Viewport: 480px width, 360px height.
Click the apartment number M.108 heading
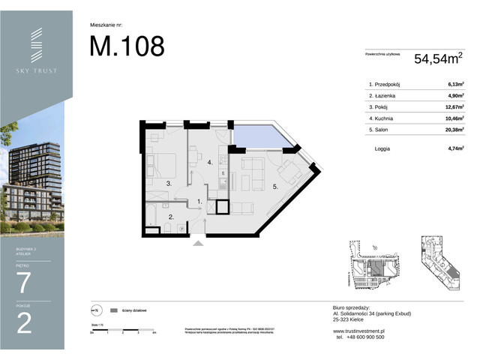click(x=127, y=46)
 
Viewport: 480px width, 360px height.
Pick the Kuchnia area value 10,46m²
click(x=452, y=118)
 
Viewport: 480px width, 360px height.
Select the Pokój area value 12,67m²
click(x=452, y=107)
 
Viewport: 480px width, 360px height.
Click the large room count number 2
click(x=24, y=324)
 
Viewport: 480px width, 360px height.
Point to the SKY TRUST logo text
click(x=36, y=70)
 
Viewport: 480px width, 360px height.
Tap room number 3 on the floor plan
click(x=169, y=183)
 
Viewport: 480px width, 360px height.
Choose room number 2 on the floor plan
click(x=171, y=217)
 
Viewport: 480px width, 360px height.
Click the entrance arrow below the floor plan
click(x=197, y=241)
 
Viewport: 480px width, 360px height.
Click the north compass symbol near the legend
click(x=94, y=309)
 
